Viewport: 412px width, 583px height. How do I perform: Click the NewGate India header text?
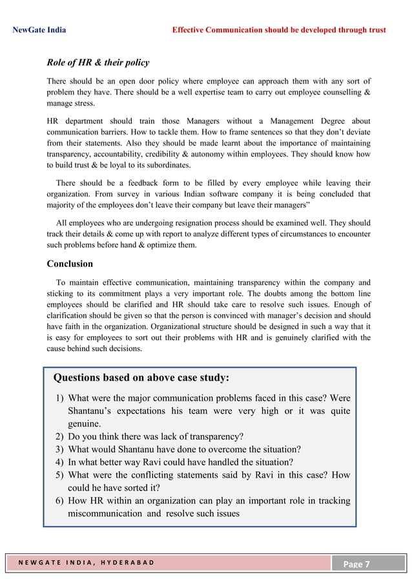pyautogui.click(x=39, y=30)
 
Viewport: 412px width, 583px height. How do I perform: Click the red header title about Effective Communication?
pyautogui.click(x=278, y=30)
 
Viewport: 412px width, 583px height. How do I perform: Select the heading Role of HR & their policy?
pyautogui.click(x=98, y=63)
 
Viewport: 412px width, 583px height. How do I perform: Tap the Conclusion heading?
pyautogui.click(x=70, y=264)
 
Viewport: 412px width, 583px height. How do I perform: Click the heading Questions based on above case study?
pyautogui.click(x=141, y=377)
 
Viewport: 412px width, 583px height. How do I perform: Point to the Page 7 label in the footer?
pyautogui.click(x=356, y=564)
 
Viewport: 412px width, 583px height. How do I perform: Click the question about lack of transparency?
pyautogui.click(x=155, y=436)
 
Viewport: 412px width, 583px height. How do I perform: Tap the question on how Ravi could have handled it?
pyautogui.click(x=180, y=461)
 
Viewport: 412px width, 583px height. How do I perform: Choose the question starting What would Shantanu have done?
pyautogui.click(x=184, y=449)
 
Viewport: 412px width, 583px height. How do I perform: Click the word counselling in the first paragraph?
pyautogui.click(x=338, y=93)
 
